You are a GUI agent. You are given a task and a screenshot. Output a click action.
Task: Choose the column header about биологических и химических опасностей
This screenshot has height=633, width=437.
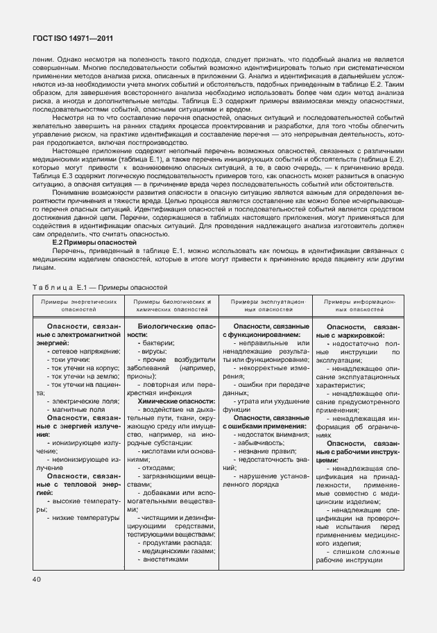(172, 306)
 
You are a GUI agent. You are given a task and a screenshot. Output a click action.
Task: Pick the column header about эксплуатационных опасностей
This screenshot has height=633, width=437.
(266, 306)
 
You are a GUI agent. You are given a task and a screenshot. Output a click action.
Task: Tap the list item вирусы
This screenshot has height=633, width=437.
(155, 352)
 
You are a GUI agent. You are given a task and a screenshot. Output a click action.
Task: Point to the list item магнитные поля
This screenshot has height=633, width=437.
(78, 410)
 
